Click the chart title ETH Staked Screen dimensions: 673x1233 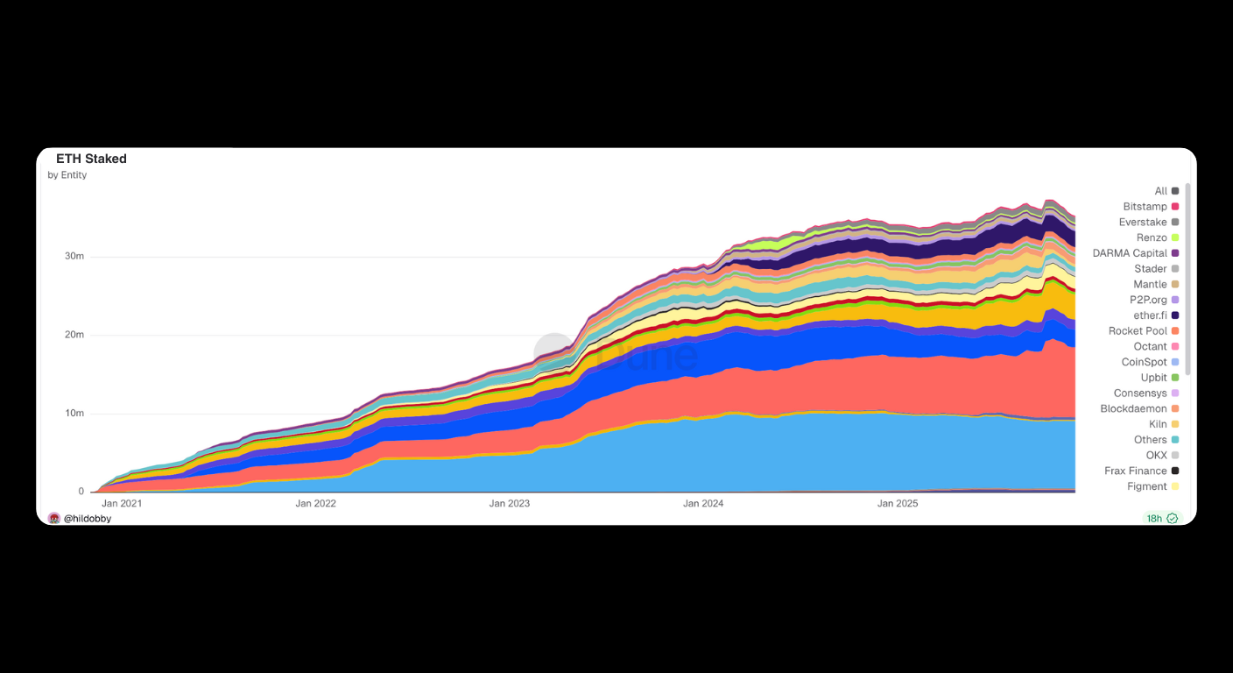91,159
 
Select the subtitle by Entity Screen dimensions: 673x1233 67,175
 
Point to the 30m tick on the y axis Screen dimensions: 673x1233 75,257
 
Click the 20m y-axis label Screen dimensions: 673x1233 75,335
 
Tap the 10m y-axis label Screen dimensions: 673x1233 75,414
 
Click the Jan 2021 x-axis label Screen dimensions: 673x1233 122,504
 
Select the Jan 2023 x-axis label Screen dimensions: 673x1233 509,504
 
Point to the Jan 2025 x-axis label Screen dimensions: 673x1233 897,504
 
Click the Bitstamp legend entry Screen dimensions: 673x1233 1145,207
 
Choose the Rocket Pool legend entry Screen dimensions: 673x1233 1138,331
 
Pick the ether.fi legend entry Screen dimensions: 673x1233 1151,315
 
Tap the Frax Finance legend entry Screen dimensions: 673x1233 1135,471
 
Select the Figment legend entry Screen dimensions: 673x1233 1147,486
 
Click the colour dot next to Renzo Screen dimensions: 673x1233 1175,238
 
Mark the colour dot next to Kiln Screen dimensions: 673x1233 1175,424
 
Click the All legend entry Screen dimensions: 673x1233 1160,191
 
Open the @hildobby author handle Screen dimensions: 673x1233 88,519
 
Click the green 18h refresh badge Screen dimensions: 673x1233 1162,519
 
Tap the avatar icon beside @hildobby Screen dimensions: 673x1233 54,519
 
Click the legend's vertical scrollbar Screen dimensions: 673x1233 1187,280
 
